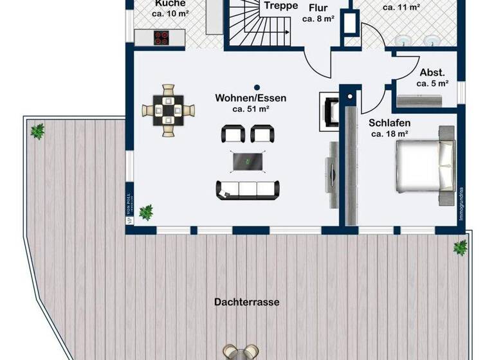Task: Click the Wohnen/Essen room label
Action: click(251, 98)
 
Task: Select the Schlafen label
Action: click(390, 123)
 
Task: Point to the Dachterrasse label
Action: click(248, 301)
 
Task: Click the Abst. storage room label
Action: click(432, 73)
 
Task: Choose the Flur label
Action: click(318, 8)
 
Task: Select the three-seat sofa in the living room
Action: click(248, 188)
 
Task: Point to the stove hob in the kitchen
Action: click(161, 37)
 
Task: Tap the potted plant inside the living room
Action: click(147, 212)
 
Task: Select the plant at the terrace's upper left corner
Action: click(38, 132)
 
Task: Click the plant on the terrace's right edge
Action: click(461, 247)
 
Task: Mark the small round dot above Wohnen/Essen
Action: click(256, 87)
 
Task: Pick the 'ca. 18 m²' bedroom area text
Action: click(390, 134)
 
